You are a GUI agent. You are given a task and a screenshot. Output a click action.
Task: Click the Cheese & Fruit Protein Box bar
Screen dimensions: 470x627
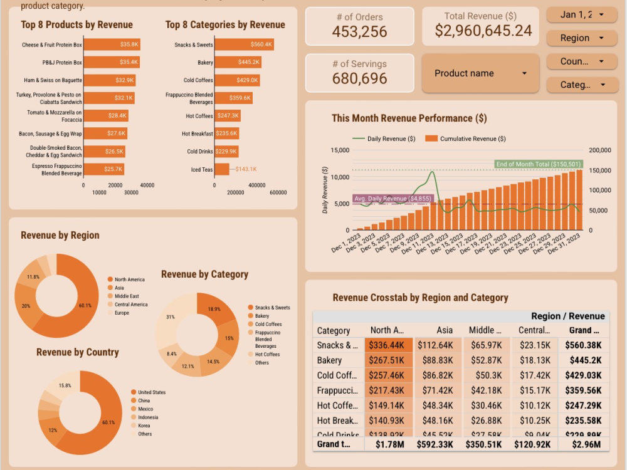point(112,45)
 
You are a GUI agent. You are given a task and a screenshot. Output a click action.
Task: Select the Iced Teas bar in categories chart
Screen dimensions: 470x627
point(221,169)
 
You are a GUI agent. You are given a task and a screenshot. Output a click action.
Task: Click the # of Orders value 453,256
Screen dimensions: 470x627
point(359,32)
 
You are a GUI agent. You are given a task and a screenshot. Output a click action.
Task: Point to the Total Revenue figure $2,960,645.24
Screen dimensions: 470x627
point(483,31)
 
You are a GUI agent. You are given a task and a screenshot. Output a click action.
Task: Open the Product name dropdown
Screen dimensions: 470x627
point(480,73)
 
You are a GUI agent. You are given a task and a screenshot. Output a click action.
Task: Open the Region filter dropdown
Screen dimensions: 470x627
point(582,38)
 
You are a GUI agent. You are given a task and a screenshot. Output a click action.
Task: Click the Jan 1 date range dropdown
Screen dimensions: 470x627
point(582,14)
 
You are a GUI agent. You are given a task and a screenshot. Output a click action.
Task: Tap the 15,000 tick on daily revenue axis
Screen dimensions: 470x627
point(339,150)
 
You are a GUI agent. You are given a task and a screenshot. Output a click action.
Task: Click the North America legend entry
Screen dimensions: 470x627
point(129,279)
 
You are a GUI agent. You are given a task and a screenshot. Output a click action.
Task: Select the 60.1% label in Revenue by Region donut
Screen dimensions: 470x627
point(85,305)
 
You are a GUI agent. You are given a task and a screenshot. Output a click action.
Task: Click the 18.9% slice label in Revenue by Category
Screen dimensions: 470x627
point(214,309)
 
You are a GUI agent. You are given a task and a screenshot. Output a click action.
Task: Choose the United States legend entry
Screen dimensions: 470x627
point(151,392)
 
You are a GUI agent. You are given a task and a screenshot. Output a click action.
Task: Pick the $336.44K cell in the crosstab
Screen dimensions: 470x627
point(389,345)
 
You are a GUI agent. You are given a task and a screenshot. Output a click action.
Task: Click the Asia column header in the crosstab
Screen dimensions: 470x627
point(445,330)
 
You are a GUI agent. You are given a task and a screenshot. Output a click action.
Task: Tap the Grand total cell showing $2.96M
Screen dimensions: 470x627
point(586,444)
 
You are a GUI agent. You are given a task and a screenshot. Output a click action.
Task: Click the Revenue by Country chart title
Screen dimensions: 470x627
point(77,352)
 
